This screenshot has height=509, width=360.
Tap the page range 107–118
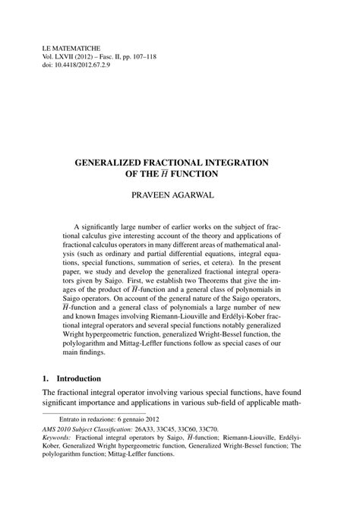coord(153,57)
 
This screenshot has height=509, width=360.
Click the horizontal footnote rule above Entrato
coord(76,431)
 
